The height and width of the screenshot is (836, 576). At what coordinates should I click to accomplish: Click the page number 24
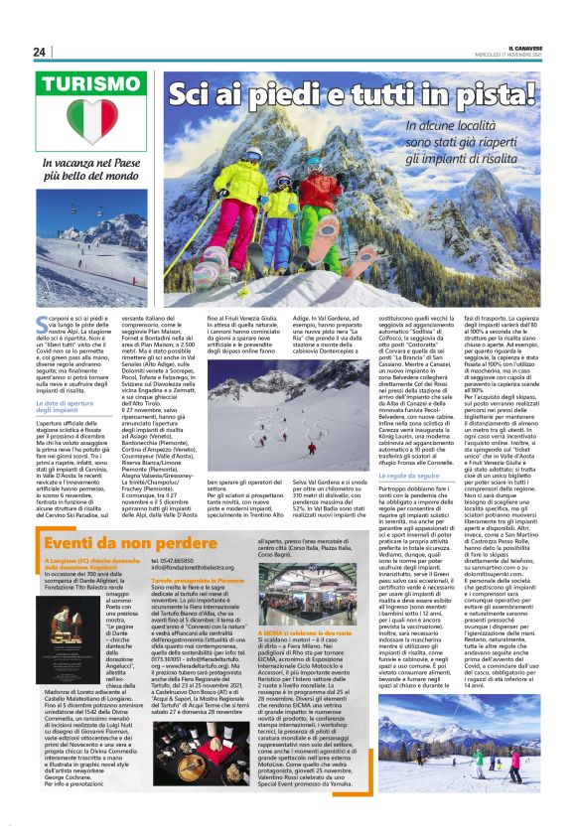coord(39,52)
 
